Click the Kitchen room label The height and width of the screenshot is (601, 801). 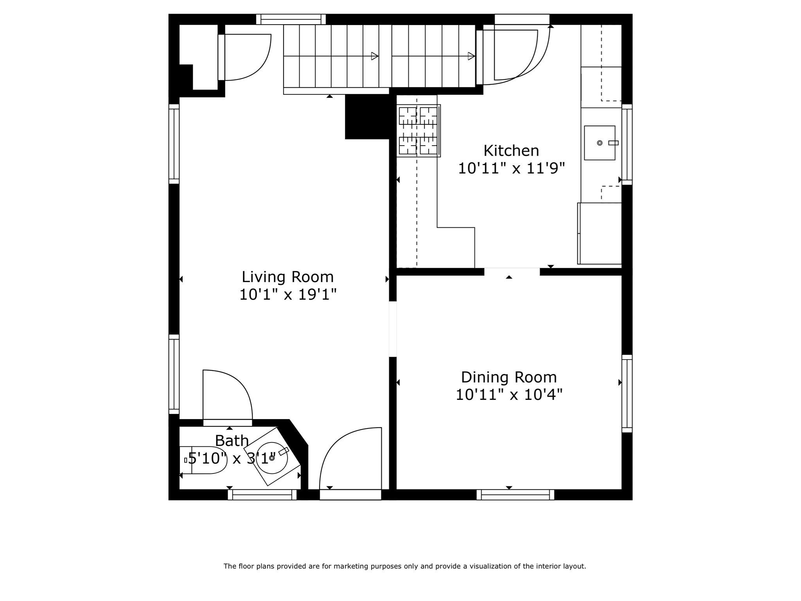point(511,151)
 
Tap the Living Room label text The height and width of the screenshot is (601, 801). point(287,277)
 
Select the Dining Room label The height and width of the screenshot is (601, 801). point(509,377)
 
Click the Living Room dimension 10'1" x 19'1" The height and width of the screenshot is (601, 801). point(288,294)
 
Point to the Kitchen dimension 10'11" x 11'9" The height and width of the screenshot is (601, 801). point(512,169)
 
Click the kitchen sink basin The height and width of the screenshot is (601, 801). point(600,143)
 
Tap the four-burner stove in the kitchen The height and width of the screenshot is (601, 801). point(418,131)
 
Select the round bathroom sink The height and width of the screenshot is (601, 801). point(272,458)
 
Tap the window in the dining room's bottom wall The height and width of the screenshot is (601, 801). point(515,495)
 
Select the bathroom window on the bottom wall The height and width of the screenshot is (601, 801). point(262,495)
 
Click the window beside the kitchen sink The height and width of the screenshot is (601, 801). point(627,144)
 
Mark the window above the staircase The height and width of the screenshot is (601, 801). point(291,19)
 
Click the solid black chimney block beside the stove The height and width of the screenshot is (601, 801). point(367,117)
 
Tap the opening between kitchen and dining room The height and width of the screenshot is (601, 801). point(512,272)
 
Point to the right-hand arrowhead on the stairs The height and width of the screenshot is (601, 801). point(471,56)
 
